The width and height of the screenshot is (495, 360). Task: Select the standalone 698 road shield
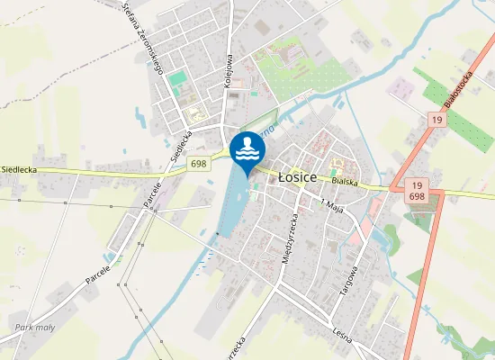[x=199, y=164]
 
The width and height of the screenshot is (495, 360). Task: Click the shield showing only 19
[x=436, y=120]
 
